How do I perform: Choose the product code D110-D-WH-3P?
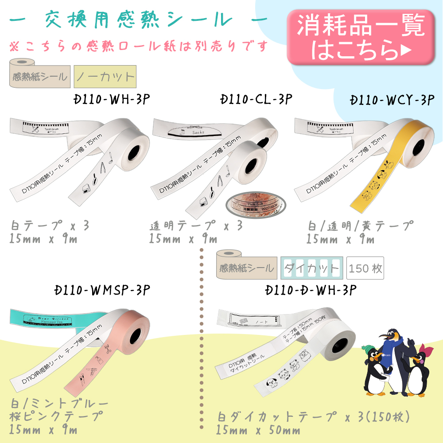(311, 291)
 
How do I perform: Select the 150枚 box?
(365, 268)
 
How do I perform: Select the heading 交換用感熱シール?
(139, 20)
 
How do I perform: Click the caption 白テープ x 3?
(50, 225)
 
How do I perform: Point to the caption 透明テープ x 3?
(196, 225)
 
